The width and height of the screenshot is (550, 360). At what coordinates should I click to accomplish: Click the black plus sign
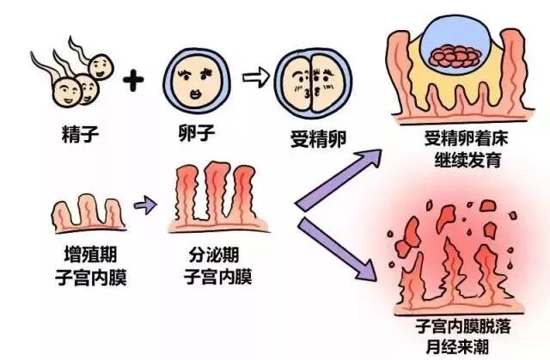click(x=132, y=82)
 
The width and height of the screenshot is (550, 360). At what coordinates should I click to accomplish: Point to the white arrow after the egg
click(x=254, y=78)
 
